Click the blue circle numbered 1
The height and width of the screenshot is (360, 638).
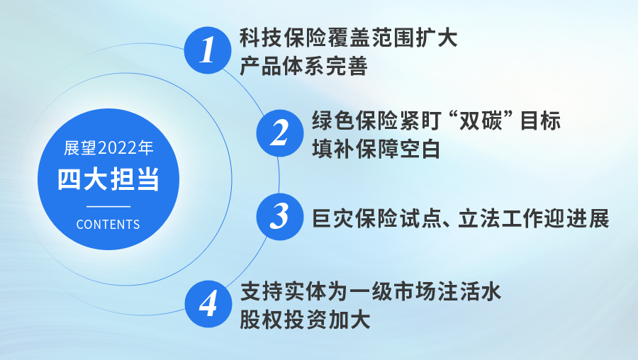(x=208, y=50)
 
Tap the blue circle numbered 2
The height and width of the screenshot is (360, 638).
(x=280, y=133)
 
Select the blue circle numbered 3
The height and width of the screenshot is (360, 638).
(x=280, y=216)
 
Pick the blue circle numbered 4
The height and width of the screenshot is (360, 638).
(x=208, y=304)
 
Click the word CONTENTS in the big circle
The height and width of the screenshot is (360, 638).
(x=108, y=225)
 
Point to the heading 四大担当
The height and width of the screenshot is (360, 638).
(x=108, y=179)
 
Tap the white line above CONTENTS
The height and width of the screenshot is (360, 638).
(x=108, y=206)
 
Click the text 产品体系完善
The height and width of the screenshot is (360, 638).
(x=303, y=67)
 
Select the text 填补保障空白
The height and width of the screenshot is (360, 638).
(x=376, y=150)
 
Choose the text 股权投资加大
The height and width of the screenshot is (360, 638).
(x=305, y=320)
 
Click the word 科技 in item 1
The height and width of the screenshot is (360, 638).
(x=260, y=38)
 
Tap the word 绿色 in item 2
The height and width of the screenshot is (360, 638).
(x=333, y=120)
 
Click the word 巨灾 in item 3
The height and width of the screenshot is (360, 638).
(x=333, y=218)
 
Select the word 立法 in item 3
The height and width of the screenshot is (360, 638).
(x=479, y=218)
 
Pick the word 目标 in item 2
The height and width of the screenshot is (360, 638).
(x=541, y=120)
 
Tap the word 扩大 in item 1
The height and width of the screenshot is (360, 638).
(x=437, y=38)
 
